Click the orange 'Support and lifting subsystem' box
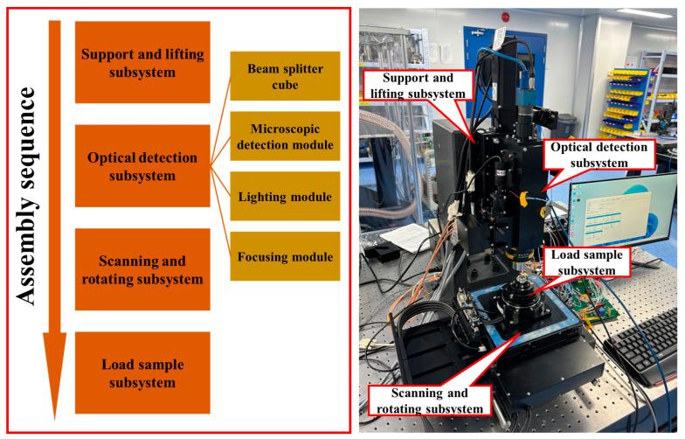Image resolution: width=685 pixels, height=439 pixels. coord(142,62)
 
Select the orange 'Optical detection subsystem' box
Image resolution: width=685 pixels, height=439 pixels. coord(142,166)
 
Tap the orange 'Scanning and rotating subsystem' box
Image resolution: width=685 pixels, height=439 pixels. coord(142,269)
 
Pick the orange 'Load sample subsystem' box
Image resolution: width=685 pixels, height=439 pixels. coord(142,373)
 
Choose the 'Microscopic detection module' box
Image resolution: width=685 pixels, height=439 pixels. coord(284,137)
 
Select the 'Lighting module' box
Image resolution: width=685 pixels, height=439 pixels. coord(284,197)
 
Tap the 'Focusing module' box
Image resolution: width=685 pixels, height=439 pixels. coord(284,256)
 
